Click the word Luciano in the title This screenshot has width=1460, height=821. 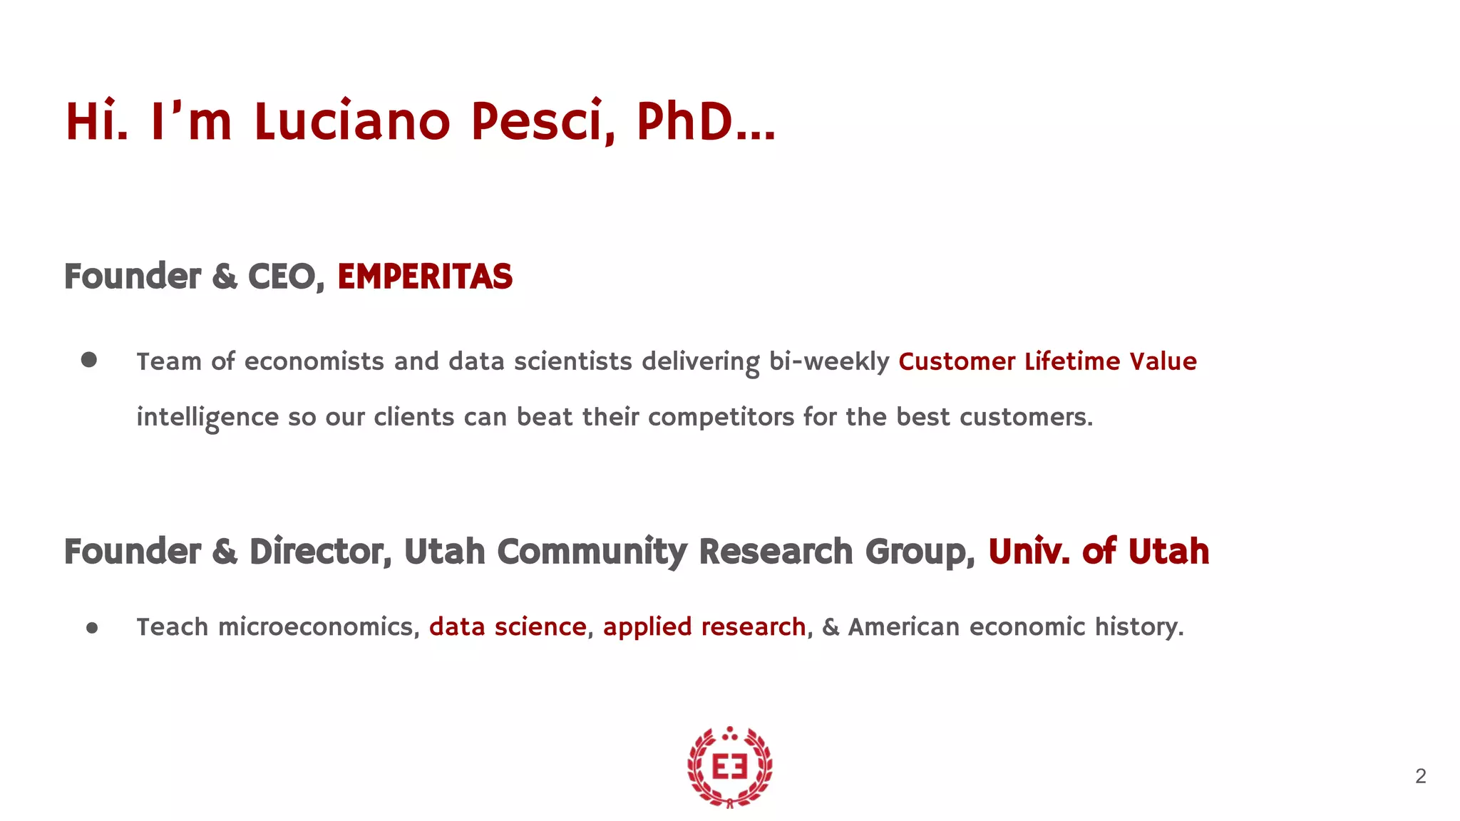tap(352, 121)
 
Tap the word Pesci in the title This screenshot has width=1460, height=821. tap(542, 121)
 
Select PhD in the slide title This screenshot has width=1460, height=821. tap(684, 121)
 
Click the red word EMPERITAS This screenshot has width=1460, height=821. tap(425, 277)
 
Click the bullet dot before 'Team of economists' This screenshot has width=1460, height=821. tap(89, 360)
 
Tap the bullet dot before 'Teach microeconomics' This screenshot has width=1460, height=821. tap(92, 628)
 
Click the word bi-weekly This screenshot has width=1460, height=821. tap(829, 362)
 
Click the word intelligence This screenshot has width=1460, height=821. tap(207, 418)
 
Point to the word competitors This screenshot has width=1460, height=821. tap(721, 418)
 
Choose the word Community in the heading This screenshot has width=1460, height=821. tap(592, 552)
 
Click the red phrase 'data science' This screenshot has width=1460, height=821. tap(508, 627)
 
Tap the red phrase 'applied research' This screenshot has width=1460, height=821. tap(704, 627)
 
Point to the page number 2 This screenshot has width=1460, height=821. tap(1420, 776)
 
